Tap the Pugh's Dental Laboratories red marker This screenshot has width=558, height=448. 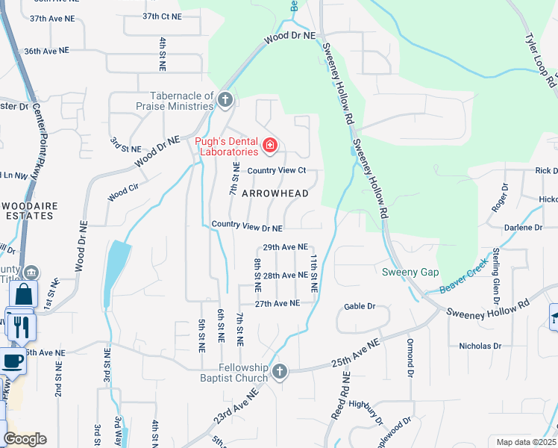[269, 144]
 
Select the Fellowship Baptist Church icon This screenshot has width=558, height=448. [280, 371]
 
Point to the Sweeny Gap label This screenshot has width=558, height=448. [410, 273]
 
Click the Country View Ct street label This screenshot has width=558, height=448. [277, 170]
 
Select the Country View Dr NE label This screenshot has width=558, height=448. [247, 225]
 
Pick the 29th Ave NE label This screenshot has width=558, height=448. [286, 247]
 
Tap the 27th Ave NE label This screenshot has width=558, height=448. [277, 304]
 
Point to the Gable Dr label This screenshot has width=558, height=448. [359, 307]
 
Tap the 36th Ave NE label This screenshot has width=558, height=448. [46, 51]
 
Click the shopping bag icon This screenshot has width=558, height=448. [22, 294]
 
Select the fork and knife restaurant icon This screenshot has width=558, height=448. [20, 326]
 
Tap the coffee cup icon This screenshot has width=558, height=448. [13, 361]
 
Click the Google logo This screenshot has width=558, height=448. [24, 439]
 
